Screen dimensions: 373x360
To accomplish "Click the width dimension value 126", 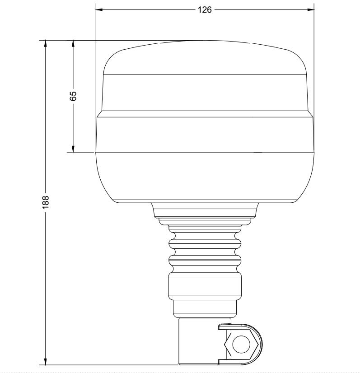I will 205,9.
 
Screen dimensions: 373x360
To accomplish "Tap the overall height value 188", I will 46,202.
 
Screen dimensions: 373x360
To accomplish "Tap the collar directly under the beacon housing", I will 206,211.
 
